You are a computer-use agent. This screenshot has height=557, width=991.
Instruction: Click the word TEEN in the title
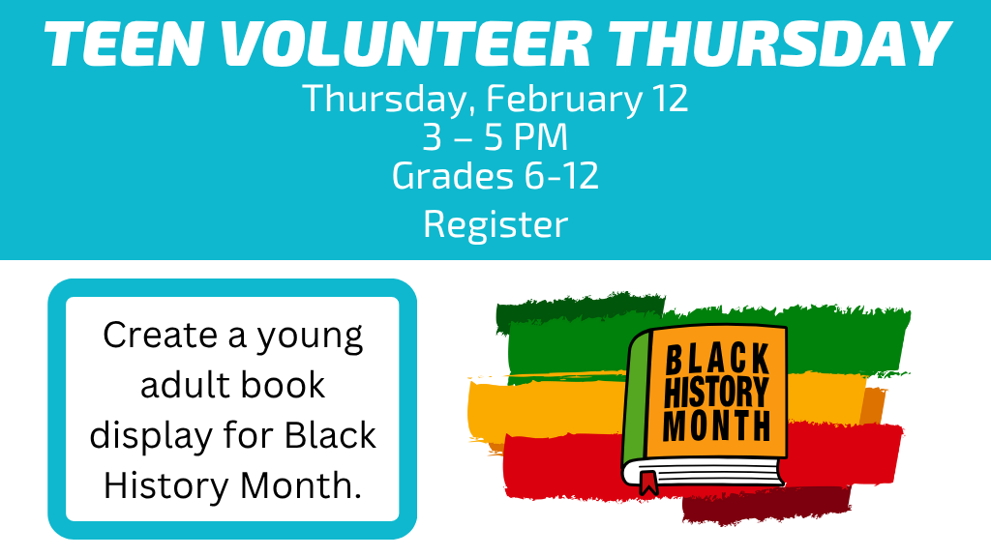pos(123,44)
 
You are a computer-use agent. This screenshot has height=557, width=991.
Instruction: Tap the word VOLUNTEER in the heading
pos(405,44)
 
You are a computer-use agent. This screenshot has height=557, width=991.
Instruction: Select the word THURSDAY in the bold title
pos(779,44)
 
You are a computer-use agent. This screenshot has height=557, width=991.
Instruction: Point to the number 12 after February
pos(670,100)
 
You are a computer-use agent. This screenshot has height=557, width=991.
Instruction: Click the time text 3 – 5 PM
pos(495,137)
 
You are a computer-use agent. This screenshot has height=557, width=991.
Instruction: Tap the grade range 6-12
pos(561,176)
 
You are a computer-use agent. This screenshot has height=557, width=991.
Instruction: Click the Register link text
pos(495,224)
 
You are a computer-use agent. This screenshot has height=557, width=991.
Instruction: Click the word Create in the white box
pos(161,335)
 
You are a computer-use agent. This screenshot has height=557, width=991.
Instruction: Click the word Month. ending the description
pos(301,485)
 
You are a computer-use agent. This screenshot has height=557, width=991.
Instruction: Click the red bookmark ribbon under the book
pos(648,483)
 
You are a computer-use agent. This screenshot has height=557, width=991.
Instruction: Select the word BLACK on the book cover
pos(718,359)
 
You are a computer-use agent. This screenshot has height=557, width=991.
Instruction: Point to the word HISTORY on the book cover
pos(716,393)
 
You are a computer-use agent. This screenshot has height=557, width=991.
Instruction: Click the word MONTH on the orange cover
pos(717,425)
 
